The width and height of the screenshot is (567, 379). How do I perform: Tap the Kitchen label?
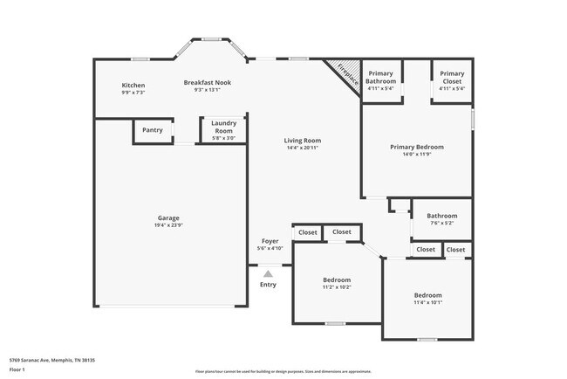(133, 85)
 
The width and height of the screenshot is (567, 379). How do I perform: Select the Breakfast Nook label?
(208, 82)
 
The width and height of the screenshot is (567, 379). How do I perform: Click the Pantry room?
(153, 130)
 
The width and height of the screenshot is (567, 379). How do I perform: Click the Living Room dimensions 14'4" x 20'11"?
(303, 148)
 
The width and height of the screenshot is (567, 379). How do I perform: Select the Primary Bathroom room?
(381, 80)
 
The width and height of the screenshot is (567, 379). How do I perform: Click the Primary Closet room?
(452, 80)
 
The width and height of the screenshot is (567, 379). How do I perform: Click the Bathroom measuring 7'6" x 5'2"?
(441, 219)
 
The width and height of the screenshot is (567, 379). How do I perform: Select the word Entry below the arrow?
(268, 285)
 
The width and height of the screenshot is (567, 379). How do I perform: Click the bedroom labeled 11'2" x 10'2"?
(337, 283)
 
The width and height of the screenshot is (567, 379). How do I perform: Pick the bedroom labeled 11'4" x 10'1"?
(427, 299)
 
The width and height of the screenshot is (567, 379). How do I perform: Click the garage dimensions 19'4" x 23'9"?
(169, 225)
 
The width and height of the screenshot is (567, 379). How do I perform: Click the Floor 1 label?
(17, 370)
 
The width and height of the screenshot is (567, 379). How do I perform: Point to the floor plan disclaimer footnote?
(283, 371)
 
